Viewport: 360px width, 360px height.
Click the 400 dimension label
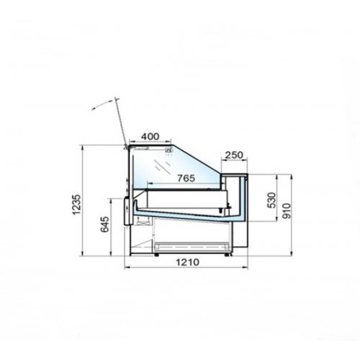tap(150, 137)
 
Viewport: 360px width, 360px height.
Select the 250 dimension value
tap(234, 155)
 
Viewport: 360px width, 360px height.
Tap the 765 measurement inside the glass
tap(186, 178)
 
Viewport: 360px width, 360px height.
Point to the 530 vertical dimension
tap(271, 200)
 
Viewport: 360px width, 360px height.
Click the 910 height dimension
tap(287, 211)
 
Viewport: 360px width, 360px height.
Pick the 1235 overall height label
tap(77, 204)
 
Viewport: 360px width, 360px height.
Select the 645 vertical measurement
tap(104, 225)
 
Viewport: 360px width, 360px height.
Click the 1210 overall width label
tap(188, 262)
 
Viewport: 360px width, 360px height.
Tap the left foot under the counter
tap(156, 254)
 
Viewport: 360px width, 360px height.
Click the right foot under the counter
tap(226, 254)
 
